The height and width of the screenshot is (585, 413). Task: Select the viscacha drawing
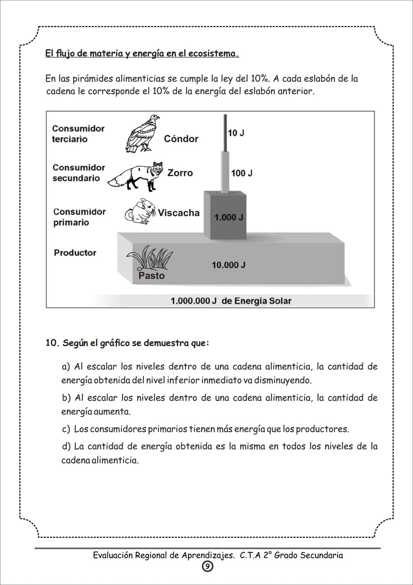[140, 211]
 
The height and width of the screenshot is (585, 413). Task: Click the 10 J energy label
[236, 133]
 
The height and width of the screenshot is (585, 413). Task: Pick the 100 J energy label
[242, 173]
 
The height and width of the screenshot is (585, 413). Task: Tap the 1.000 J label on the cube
[229, 217]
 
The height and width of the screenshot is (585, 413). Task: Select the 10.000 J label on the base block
[229, 265]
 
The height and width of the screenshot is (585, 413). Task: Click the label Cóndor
[181, 139]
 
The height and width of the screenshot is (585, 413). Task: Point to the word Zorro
[180, 173]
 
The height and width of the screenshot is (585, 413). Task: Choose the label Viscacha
[179, 213]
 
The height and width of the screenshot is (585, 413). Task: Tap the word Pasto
[151, 275]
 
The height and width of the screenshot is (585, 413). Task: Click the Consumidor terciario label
[78, 134]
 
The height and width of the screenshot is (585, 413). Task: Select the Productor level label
[75, 253]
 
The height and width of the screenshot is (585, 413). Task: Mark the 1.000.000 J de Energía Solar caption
[231, 301]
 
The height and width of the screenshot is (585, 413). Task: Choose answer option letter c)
[66, 429]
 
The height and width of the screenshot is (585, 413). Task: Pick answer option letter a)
[66, 367]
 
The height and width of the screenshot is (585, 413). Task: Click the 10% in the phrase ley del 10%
[260, 79]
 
